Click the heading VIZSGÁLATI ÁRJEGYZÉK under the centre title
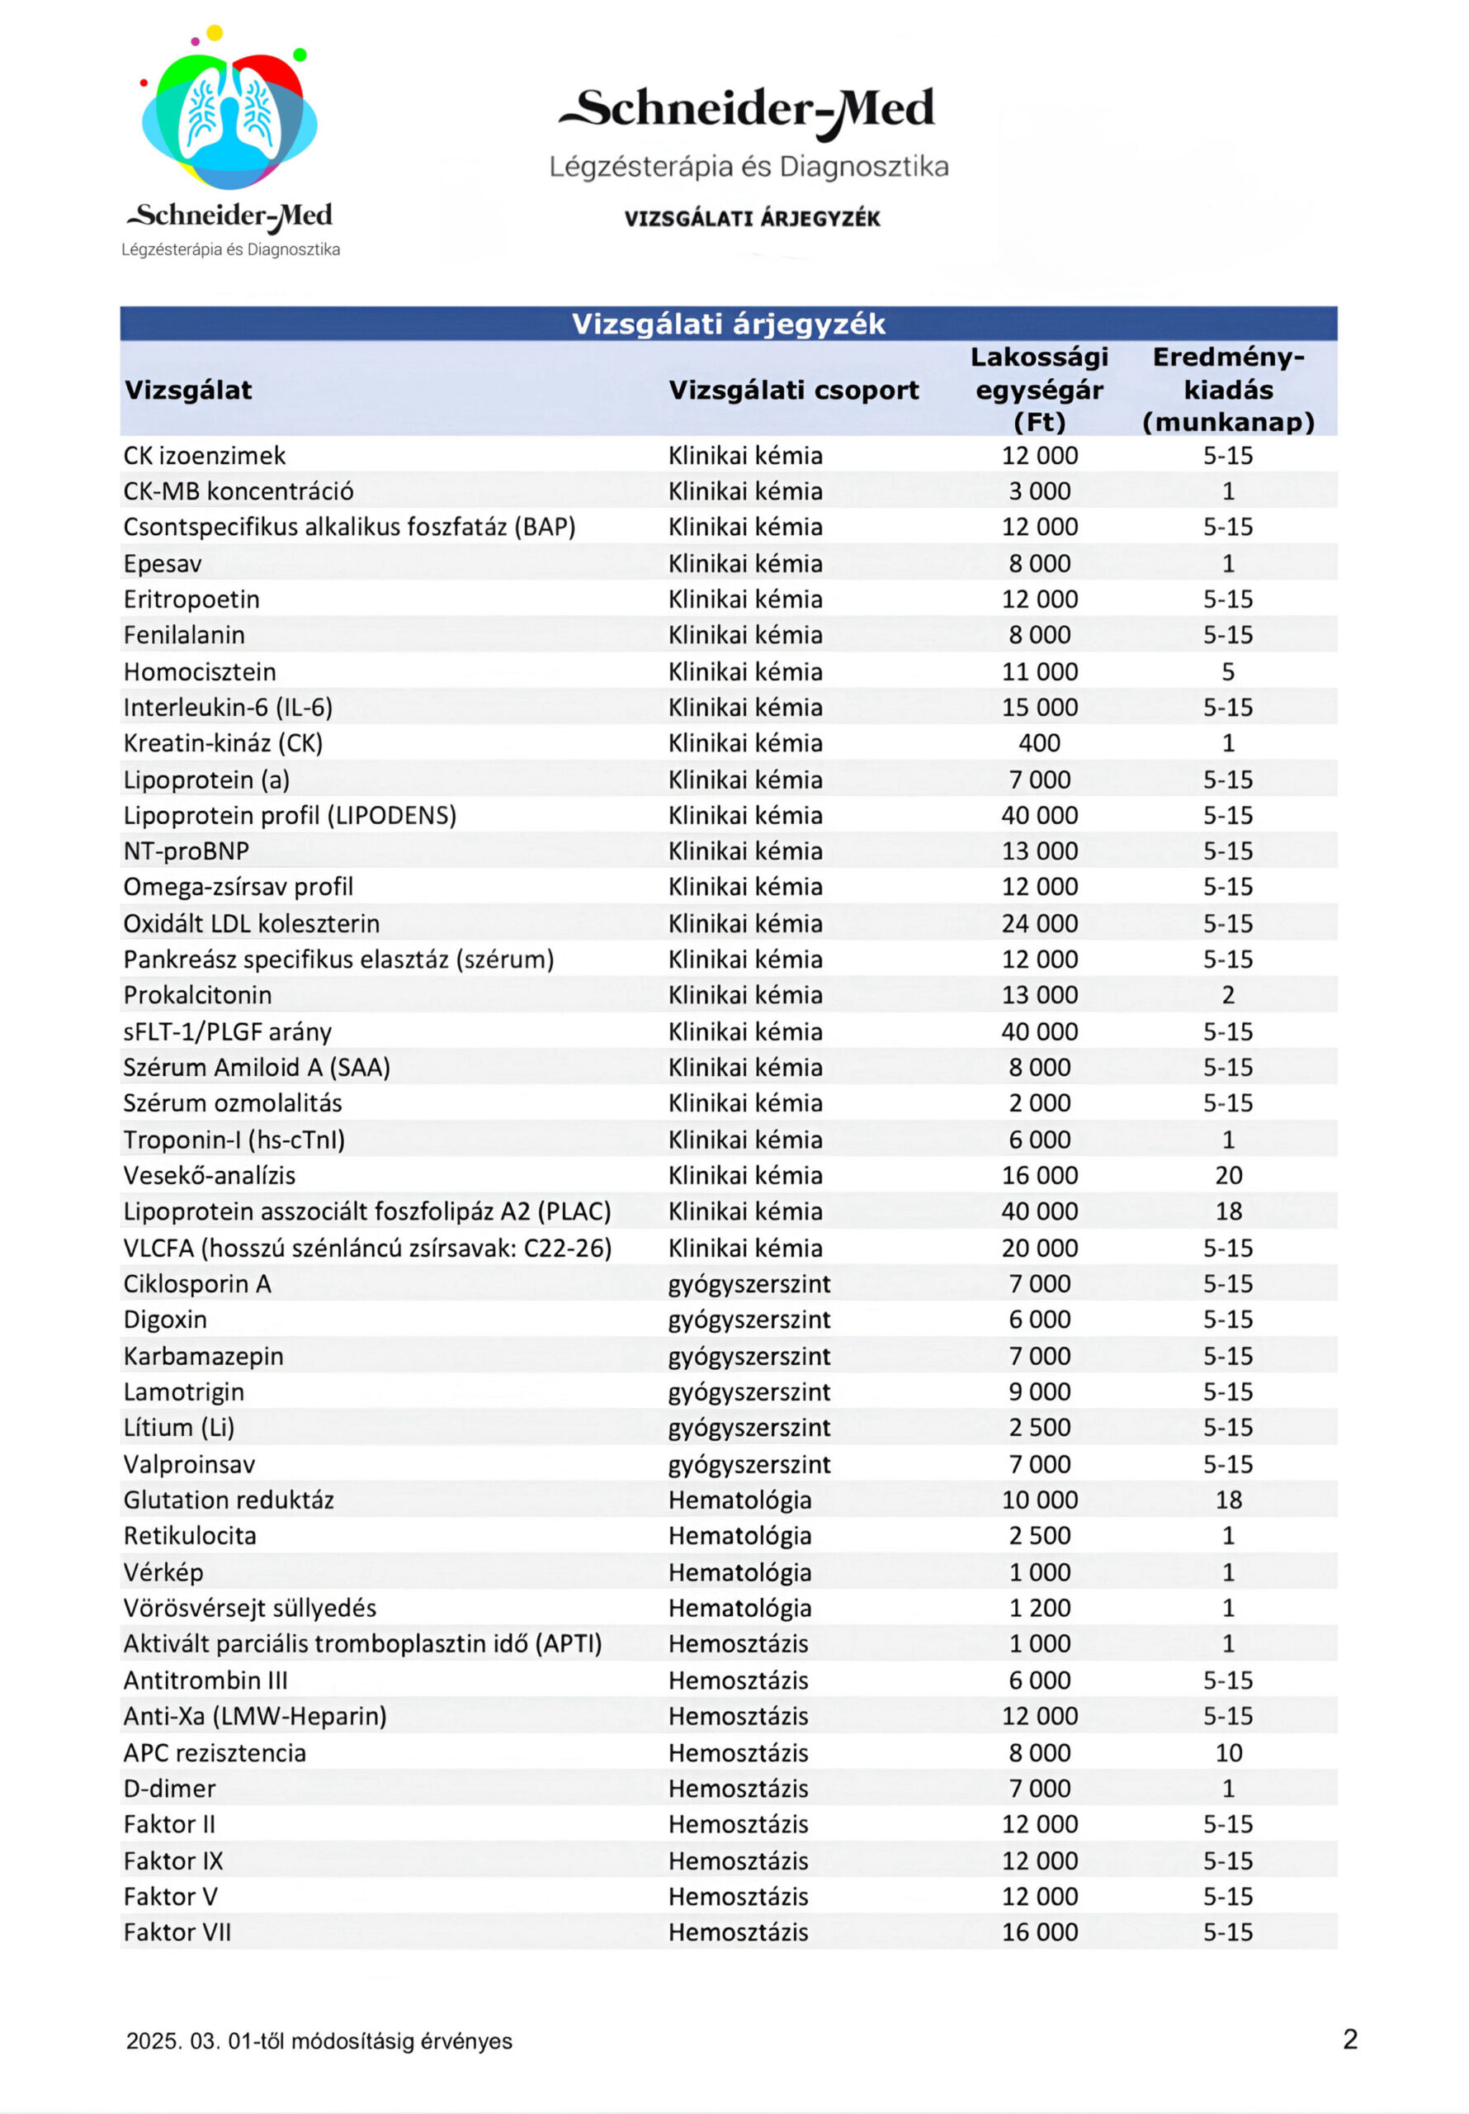click(x=752, y=218)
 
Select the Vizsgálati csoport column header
click(x=793, y=390)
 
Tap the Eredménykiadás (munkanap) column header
click(x=1228, y=390)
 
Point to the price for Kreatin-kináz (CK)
click(x=1039, y=743)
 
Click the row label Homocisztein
click(x=200, y=671)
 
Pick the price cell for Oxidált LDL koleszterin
click(x=1039, y=923)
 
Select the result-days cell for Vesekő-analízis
click(x=1228, y=1175)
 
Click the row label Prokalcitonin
click(x=198, y=995)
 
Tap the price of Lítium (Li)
click(x=1039, y=1427)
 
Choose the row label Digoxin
click(x=166, y=1320)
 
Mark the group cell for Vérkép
click(x=739, y=1571)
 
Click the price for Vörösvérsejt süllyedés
click(x=1039, y=1608)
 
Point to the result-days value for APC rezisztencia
click(x=1228, y=1752)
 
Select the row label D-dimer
click(x=170, y=1788)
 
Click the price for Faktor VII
click(x=1039, y=1932)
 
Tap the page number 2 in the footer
click(x=1349, y=2040)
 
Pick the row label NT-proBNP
click(x=187, y=851)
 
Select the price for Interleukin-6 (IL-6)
click(x=1039, y=707)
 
